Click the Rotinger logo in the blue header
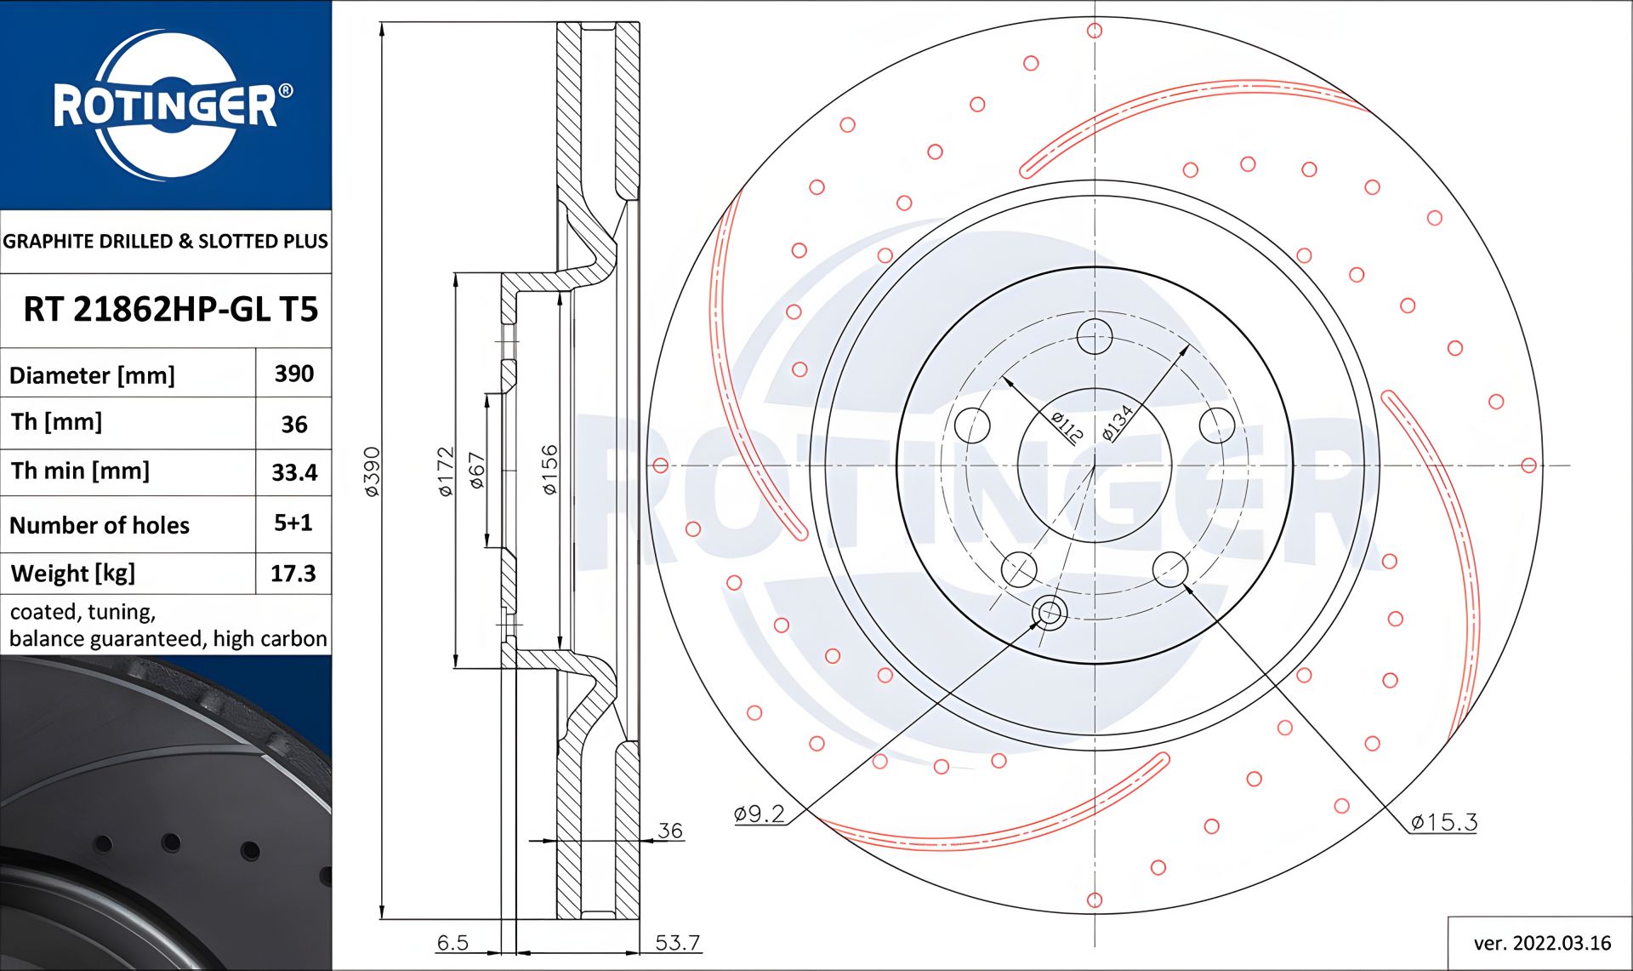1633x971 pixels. pyautogui.click(x=166, y=105)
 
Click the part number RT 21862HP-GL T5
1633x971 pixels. pyautogui.click(x=170, y=310)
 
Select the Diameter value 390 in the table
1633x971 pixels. pyautogui.click(x=293, y=374)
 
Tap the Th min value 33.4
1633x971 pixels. pyautogui.click(x=294, y=472)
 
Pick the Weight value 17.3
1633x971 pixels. pyautogui.click(x=293, y=574)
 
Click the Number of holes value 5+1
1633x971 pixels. pyautogui.click(x=293, y=523)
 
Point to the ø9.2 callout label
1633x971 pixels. pyautogui.click(x=760, y=814)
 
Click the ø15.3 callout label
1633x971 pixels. pyautogui.click(x=1443, y=822)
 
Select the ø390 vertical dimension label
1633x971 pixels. pyautogui.click(x=372, y=471)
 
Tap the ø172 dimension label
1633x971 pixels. pyautogui.click(x=446, y=471)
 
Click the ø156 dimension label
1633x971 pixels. pyautogui.click(x=549, y=469)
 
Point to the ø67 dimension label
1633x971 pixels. pyautogui.click(x=476, y=471)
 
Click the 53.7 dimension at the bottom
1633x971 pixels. pyautogui.click(x=677, y=942)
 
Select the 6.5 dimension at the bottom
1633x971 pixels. pyautogui.click(x=452, y=942)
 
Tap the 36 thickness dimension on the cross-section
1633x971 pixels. pyautogui.click(x=670, y=831)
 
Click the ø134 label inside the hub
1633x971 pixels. pyautogui.click(x=1118, y=423)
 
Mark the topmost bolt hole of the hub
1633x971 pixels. pyautogui.click(x=1094, y=336)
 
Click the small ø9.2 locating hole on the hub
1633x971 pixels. pyautogui.click(x=1049, y=612)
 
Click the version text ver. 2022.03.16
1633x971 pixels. pyautogui.click(x=1542, y=943)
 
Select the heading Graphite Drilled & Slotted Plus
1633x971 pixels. pyautogui.click(x=166, y=241)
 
